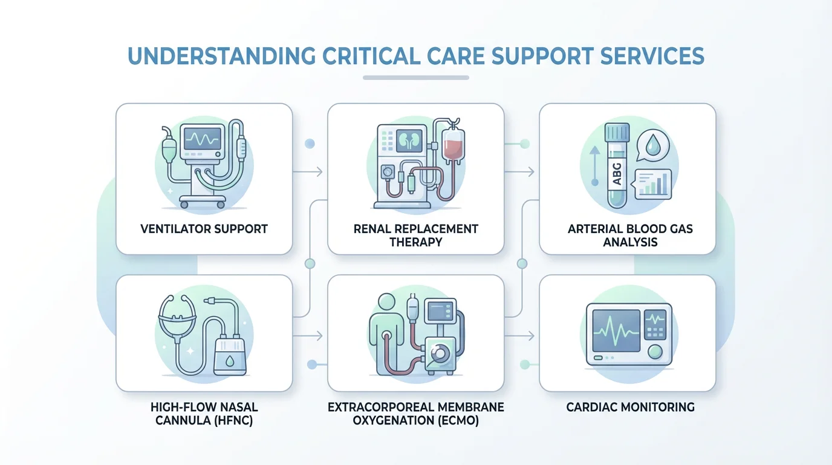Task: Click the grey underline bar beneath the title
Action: click(416, 77)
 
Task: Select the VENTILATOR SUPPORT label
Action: click(204, 229)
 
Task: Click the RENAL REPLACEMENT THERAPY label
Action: click(415, 236)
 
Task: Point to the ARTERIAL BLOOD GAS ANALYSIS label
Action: click(630, 236)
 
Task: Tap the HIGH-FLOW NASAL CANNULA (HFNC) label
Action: click(204, 414)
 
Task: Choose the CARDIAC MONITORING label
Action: click(630, 407)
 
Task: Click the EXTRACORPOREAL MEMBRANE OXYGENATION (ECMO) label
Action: click(415, 414)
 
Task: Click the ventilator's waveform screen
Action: click(202, 139)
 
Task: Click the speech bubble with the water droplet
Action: click(654, 147)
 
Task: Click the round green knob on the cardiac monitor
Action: click(654, 351)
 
